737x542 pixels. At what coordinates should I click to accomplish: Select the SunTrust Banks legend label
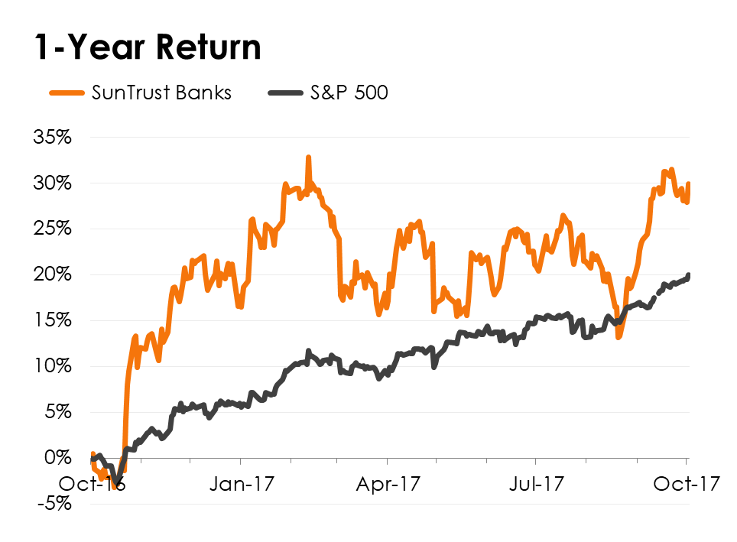point(161,93)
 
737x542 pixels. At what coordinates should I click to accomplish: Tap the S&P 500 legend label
point(349,93)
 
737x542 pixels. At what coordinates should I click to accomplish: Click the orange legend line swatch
point(67,93)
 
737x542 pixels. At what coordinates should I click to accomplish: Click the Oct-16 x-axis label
point(93,485)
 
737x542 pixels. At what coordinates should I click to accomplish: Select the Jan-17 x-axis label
point(240,485)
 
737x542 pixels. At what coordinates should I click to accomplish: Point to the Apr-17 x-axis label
point(387,485)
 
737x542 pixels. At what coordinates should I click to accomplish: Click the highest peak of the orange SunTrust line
point(308,157)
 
